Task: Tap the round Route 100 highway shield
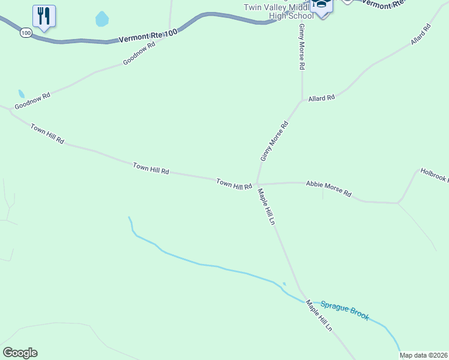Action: point(25,33)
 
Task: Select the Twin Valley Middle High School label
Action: point(279,11)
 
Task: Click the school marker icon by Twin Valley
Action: point(322,6)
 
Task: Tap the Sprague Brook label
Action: point(345,310)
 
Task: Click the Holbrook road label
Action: point(433,175)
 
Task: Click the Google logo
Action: point(20,353)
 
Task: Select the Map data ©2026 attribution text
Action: point(424,355)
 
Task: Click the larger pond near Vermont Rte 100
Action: point(102,19)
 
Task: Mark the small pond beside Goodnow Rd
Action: point(22,94)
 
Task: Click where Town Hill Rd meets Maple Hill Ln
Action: point(256,184)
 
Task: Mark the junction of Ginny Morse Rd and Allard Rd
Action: point(301,101)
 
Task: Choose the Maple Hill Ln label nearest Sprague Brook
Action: point(319,316)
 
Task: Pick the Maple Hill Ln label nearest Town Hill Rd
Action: point(266,207)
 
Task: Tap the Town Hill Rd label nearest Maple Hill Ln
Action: point(234,184)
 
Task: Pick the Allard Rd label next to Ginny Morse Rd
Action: point(321,97)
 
